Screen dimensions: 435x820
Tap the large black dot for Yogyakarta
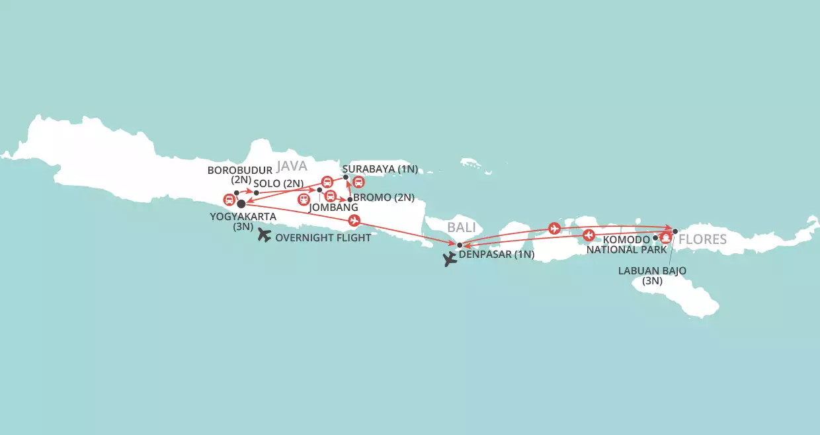pos(241,204)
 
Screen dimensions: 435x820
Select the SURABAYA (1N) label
pos(380,169)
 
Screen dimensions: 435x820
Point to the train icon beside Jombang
pos(304,198)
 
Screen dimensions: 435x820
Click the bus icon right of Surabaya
pos(359,182)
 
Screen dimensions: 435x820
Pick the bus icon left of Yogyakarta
pos(229,199)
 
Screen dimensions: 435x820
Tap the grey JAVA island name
pos(292,165)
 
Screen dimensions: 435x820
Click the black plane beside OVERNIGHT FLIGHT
pos(264,235)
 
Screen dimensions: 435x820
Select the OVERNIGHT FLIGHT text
pos(323,238)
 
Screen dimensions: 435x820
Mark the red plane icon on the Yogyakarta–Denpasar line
pos(354,220)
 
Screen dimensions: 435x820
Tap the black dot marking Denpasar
pos(460,245)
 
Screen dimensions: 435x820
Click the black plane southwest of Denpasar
pos(451,259)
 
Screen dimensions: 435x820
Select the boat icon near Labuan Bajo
pos(666,237)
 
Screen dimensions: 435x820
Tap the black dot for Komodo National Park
pos(655,238)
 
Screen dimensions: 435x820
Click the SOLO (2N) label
pos(278,182)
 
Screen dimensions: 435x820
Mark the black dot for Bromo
pos(350,199)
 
